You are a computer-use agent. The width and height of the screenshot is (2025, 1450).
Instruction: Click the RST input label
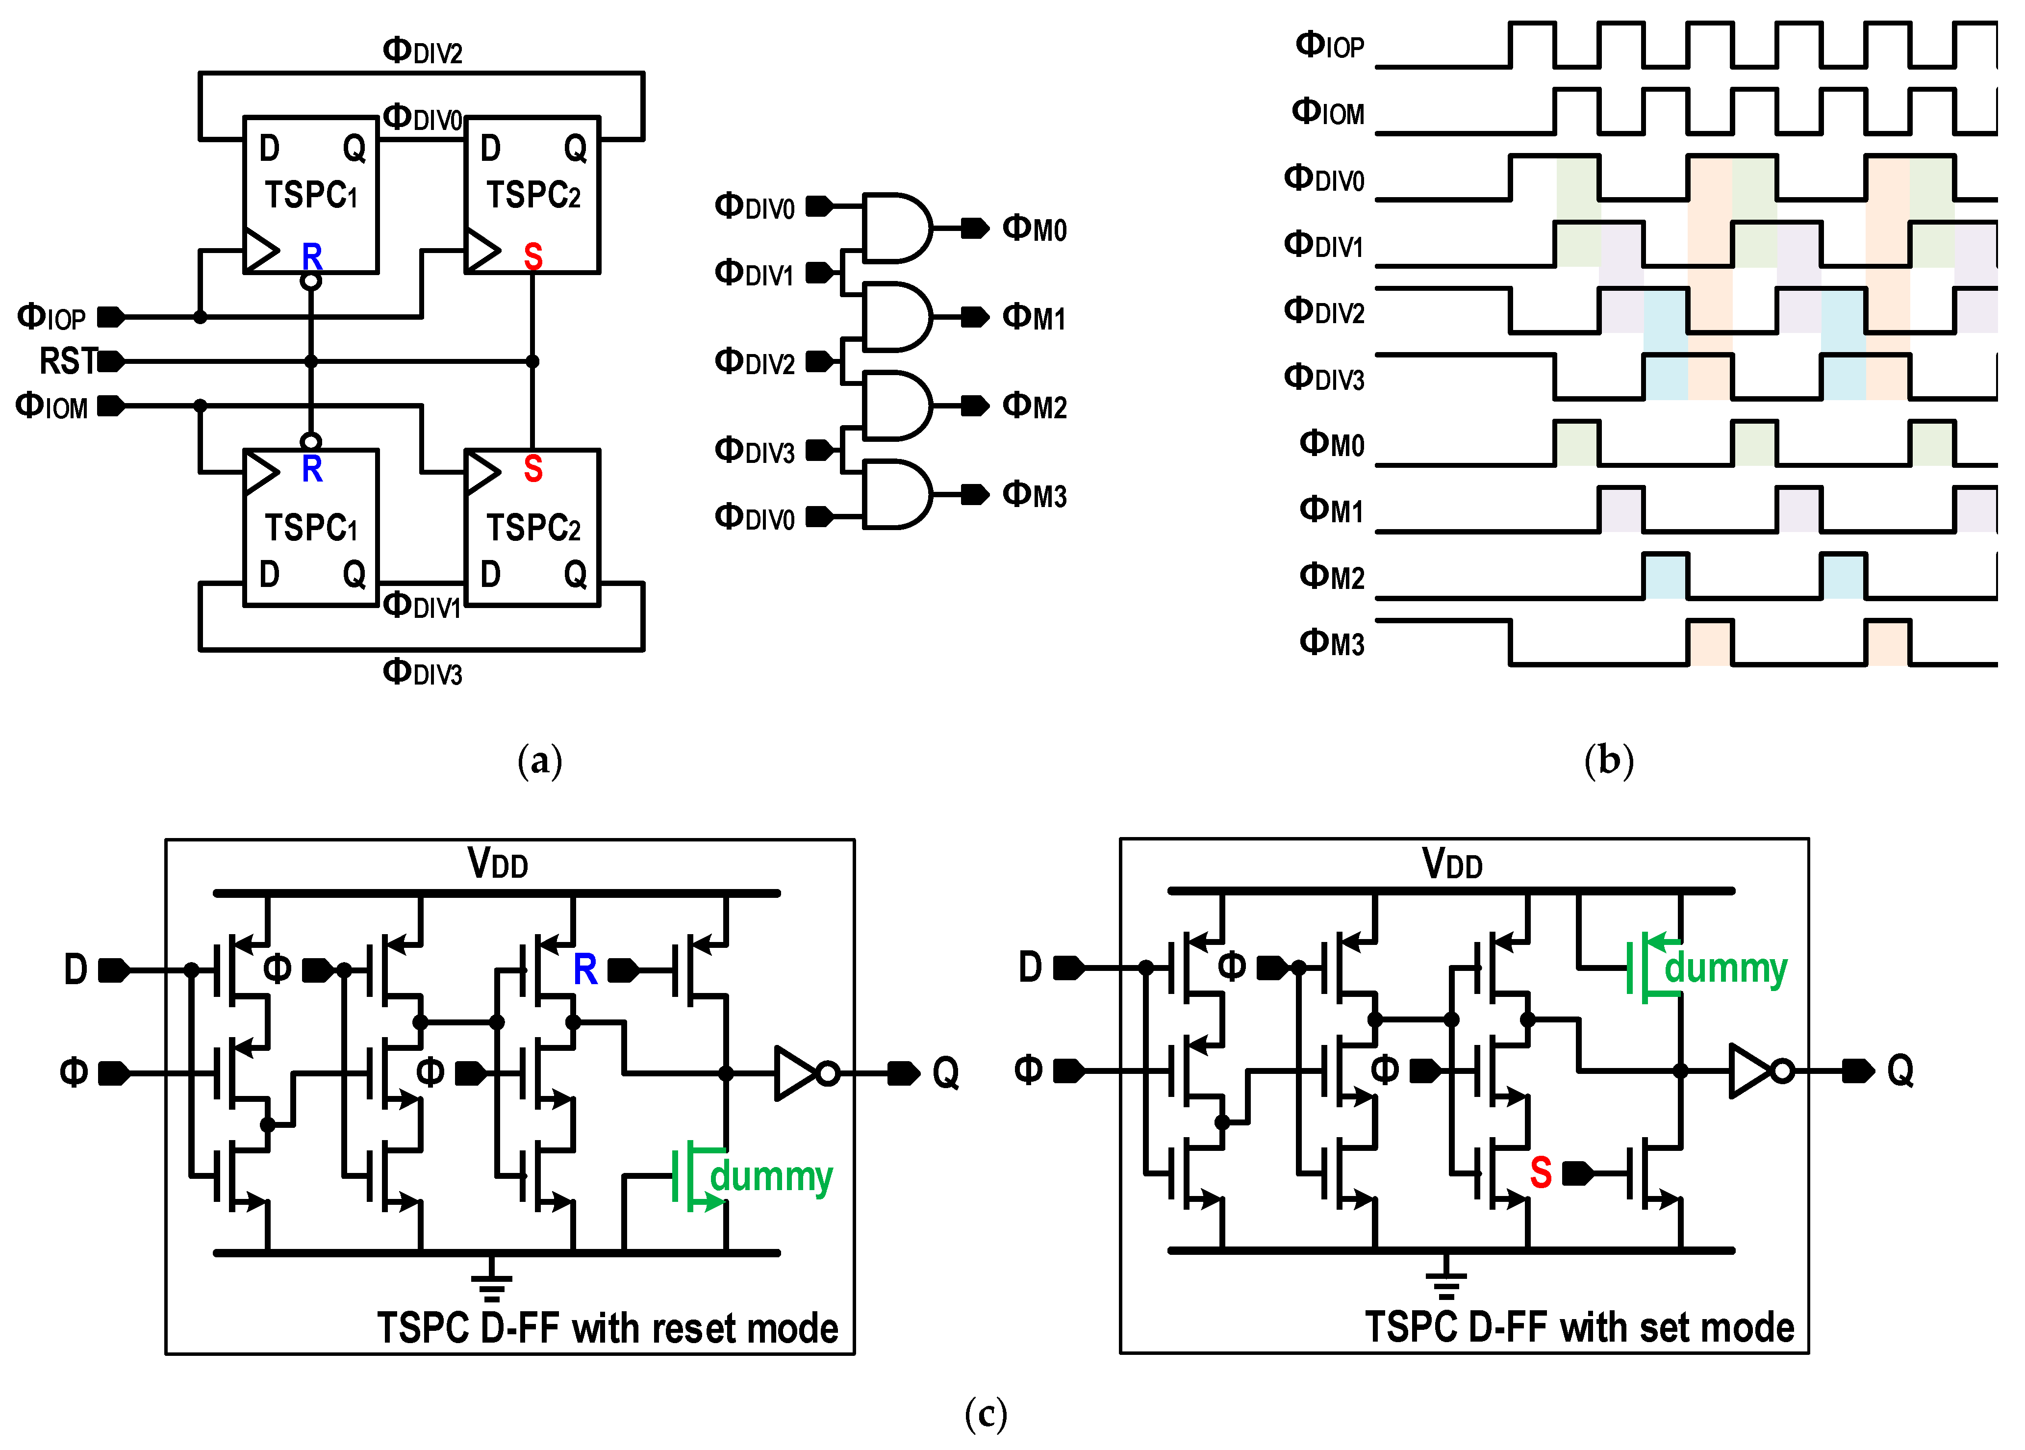click(68, 361)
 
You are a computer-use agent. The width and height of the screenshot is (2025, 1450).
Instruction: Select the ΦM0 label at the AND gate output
click(1034, 229)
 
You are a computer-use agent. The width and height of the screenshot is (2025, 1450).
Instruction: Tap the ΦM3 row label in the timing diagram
click(1330, 643)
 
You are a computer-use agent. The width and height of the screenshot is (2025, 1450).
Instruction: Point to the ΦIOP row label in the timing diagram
click(1329, 45)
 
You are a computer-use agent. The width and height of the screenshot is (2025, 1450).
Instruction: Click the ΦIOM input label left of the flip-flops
click(52, 406)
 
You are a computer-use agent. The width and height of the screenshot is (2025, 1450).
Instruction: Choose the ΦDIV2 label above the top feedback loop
click(422, 51)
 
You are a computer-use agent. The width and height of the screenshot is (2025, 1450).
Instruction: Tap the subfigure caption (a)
click(539, 761)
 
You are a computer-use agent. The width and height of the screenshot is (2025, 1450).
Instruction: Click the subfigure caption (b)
click(1609, 761)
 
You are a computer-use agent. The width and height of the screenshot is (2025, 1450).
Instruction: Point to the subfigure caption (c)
click(986, 1413)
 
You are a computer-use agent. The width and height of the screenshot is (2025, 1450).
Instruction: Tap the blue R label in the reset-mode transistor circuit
click(585, 969)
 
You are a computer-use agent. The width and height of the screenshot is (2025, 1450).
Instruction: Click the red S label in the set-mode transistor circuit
click(1540, 1172)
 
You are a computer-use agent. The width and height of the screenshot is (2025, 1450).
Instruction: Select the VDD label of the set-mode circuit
click(1452, 865)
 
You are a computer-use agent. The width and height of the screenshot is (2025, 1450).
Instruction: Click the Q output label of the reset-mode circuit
click(945, 1072)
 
